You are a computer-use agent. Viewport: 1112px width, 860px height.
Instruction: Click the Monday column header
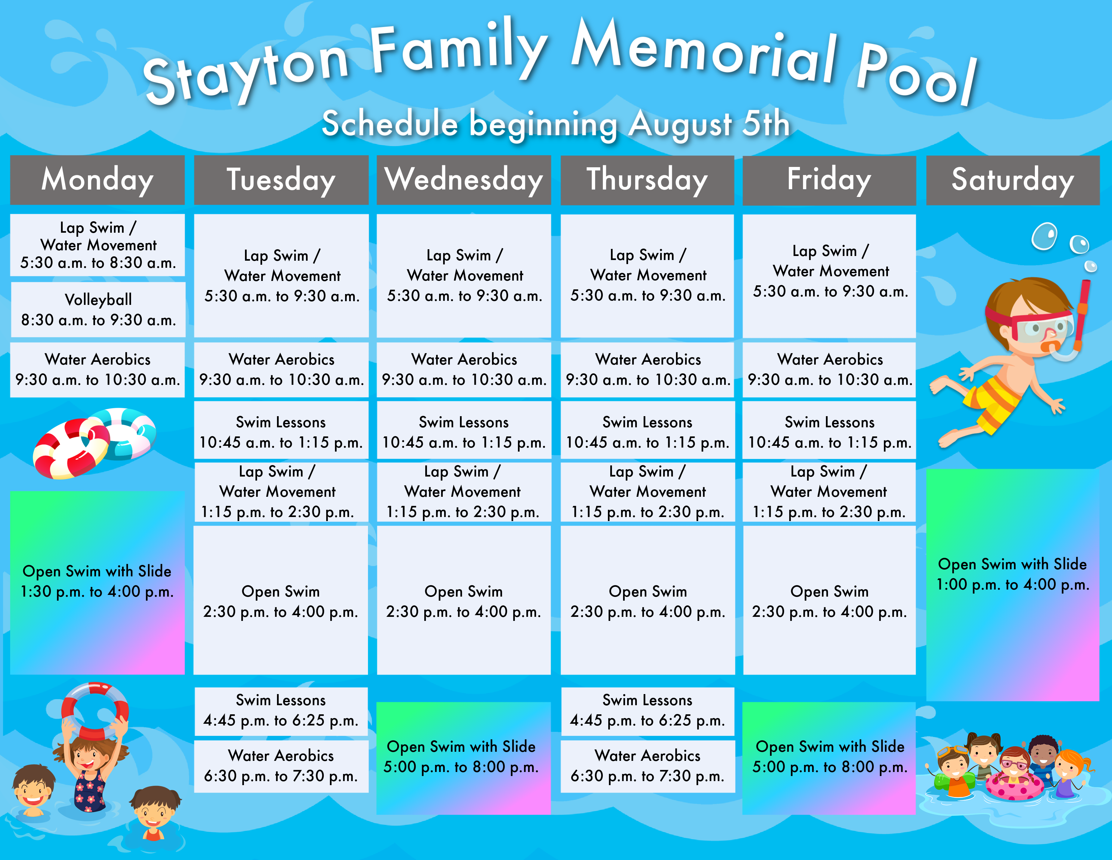(x=97, y=180)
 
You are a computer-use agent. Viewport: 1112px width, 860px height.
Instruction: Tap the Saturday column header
(x=1013, y=180)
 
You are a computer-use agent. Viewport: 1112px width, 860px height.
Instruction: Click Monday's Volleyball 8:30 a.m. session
(x=98, y=310)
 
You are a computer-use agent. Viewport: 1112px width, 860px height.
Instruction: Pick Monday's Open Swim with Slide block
(x=97, y=582)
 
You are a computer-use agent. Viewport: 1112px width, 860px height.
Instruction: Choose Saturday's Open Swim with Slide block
(x=1013, y=585)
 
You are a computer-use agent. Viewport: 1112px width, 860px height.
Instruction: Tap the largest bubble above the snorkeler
(x=1044, y=236)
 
